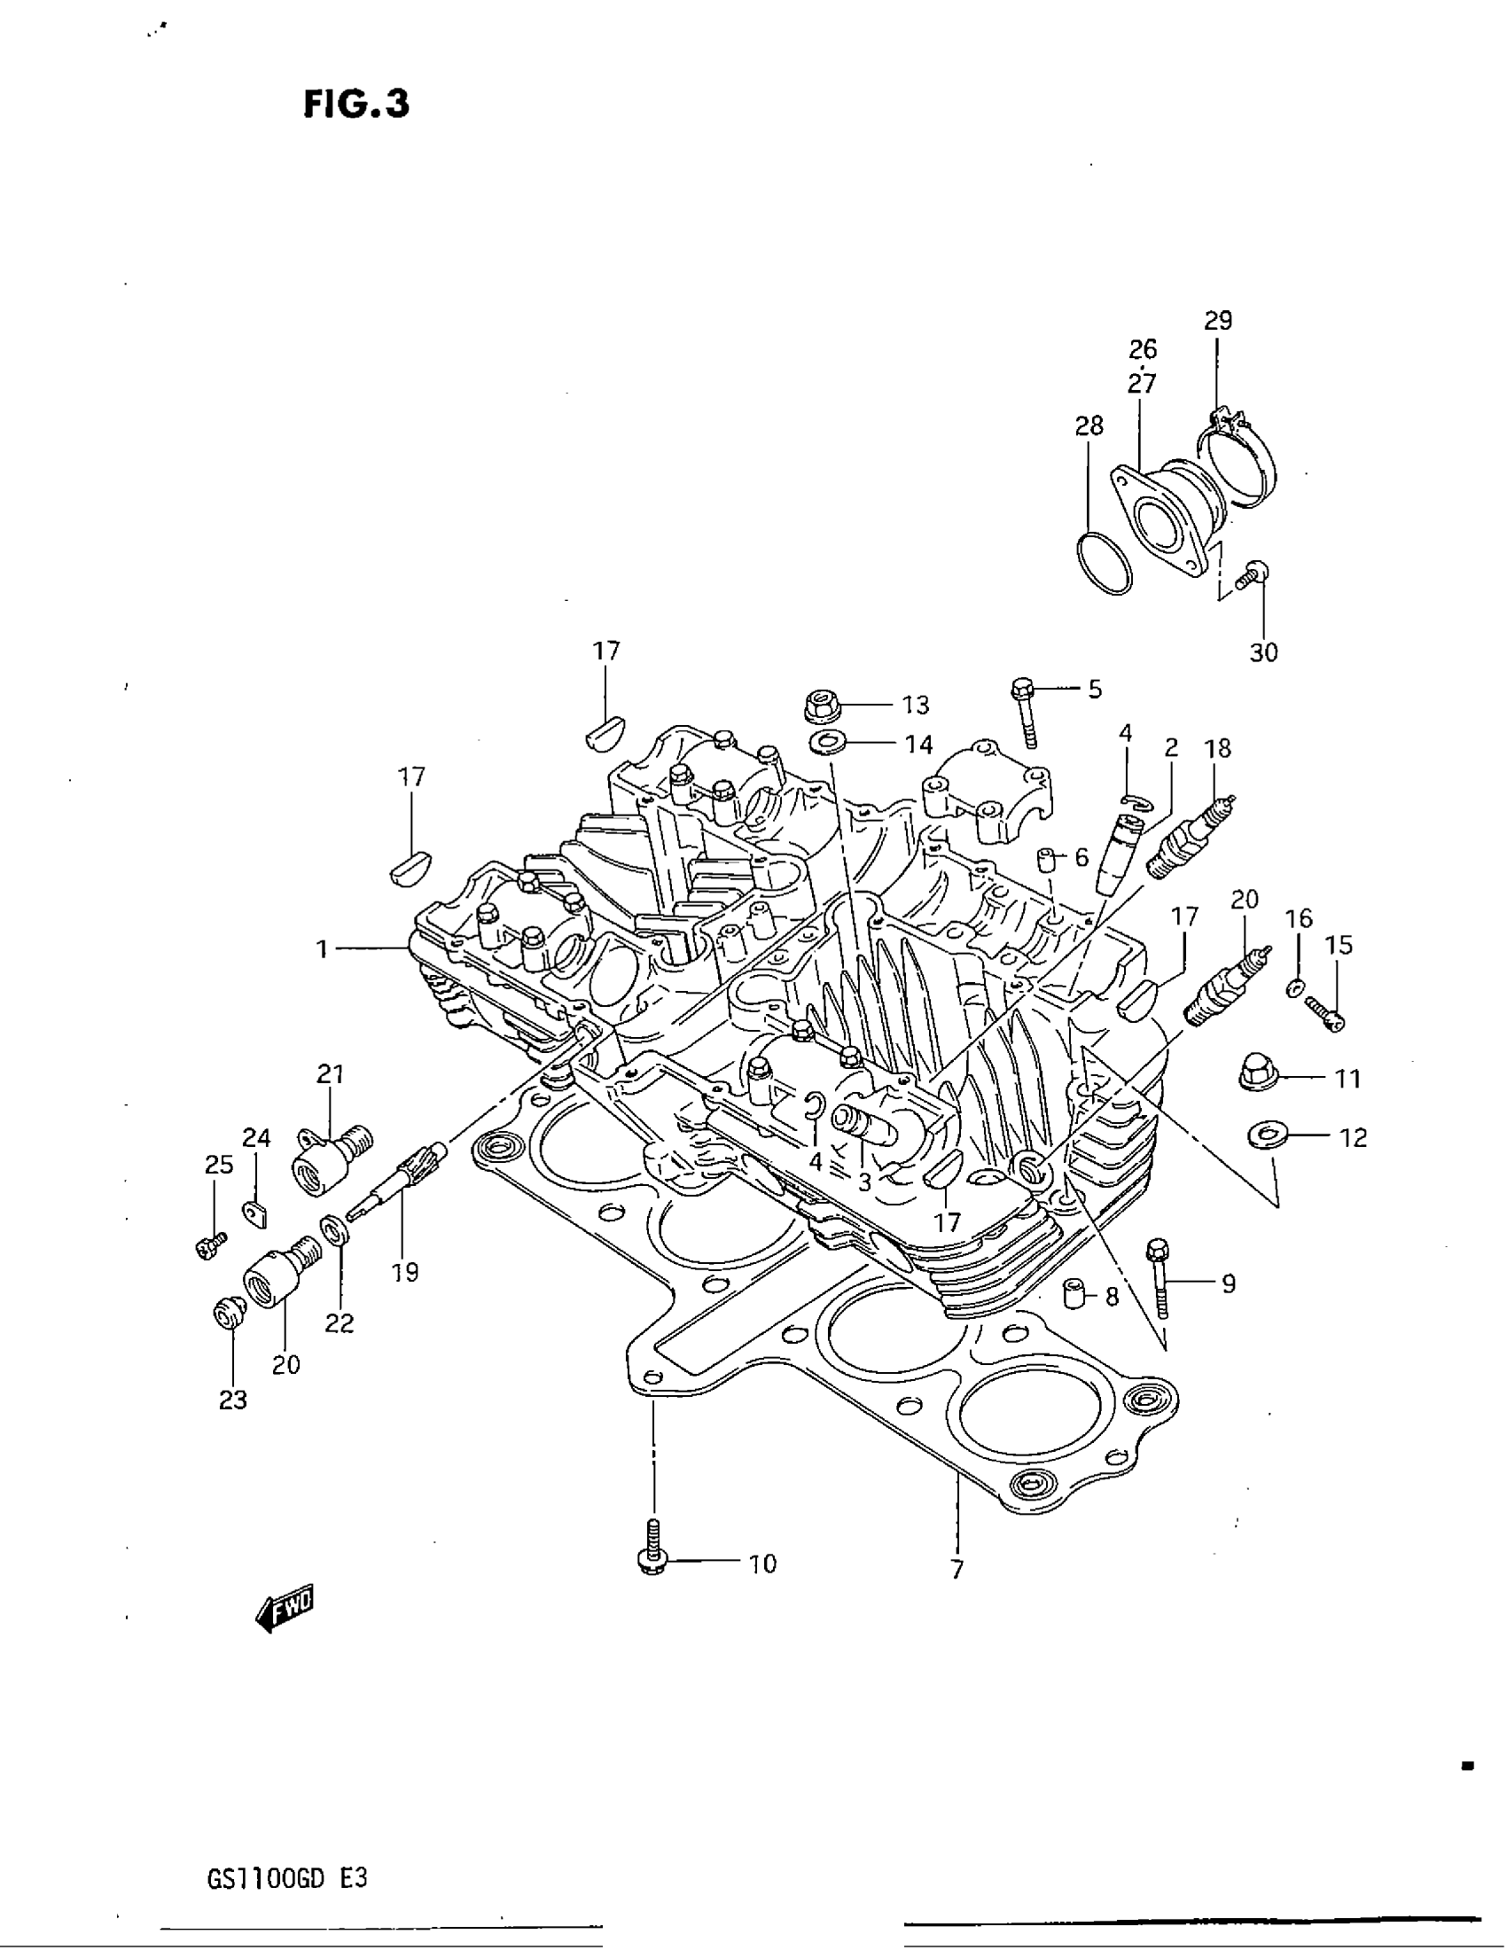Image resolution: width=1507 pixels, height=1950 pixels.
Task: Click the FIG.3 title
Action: click(356, 105)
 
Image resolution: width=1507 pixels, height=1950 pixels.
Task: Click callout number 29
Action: click(1218, 320)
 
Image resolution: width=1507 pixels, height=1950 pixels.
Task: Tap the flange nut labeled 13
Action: click(822, 706)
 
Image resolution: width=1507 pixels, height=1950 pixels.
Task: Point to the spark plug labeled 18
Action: click(1191, 839)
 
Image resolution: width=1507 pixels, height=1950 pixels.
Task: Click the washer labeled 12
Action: click(1266, 1135)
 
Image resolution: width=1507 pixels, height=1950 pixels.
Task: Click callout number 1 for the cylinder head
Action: click(323, 949)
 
